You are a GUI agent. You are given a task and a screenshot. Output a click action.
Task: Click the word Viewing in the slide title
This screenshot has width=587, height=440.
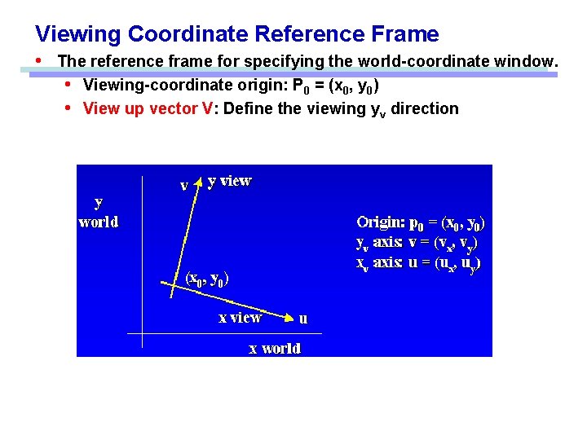click(78, 34)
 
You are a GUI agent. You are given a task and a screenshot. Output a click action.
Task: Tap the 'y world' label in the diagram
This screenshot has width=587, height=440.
click(98, 211)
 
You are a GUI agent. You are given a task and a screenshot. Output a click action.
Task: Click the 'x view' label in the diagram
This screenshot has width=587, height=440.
click(240, 318)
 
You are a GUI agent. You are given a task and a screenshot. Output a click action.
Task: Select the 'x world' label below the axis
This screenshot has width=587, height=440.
click(275, 348)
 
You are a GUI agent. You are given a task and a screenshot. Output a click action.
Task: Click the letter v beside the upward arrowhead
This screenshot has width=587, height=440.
click(184, 186)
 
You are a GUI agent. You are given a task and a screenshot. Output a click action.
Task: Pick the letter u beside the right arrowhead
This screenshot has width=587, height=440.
click(303, 319)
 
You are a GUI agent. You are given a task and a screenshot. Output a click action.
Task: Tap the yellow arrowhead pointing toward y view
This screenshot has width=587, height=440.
click(197, 184)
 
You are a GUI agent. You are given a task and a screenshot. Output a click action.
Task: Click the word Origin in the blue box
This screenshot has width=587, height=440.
click(380, 222)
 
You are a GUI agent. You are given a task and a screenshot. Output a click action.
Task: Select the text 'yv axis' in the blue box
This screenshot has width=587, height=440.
click(378, 243)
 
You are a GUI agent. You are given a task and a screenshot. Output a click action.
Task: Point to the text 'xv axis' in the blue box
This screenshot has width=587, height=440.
click(378, 263)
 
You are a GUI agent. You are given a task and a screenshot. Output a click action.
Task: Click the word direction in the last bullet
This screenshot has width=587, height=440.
click(425, 108)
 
